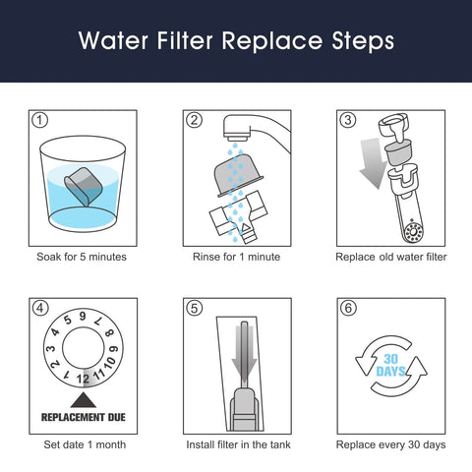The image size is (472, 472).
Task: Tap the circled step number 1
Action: click(x=40, y=121)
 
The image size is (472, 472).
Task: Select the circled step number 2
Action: click(x=194, y=121)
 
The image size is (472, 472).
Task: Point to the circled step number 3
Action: click(x=347, y=121)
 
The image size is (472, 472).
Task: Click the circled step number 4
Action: click(x=40, y=307)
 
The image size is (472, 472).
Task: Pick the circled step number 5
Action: click(x=194, y=307)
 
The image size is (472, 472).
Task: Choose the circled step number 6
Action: click(x=347, y=307)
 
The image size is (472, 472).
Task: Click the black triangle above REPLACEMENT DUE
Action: click(x=83, y=399)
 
